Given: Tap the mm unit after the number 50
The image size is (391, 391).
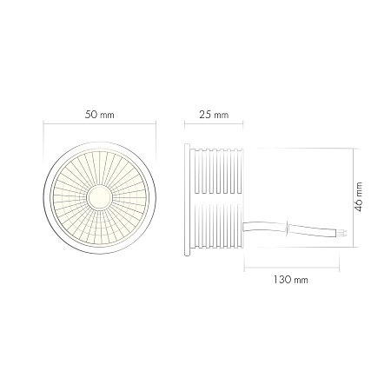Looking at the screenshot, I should point(108,115).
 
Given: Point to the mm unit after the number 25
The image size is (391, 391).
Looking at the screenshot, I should point(222,115).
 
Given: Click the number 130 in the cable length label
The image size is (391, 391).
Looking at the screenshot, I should point(281,281).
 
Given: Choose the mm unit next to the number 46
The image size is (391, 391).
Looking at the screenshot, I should point(358,189).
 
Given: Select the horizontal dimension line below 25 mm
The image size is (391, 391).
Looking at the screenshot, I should point(214,128).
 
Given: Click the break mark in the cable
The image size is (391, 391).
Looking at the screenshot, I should point(286,229).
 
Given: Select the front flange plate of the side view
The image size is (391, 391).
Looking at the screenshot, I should point(187,198).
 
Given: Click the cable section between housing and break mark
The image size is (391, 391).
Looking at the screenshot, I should point(265,227).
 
